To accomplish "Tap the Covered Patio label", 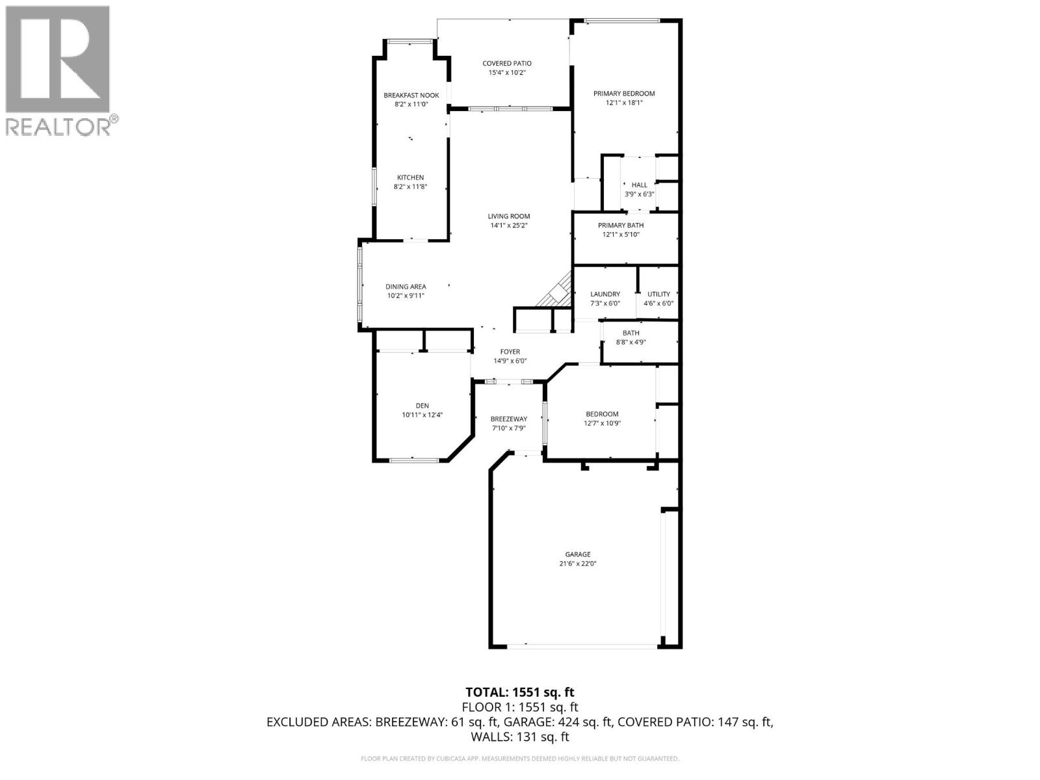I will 507,63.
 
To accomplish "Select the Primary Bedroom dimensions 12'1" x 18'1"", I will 624,103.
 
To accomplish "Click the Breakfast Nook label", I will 411,95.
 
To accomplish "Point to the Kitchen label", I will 411,177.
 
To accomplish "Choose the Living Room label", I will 509,216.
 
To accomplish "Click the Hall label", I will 639,185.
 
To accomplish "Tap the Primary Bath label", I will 621,226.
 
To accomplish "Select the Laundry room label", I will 604,294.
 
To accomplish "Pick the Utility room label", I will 658,294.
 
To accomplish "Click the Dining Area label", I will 406,287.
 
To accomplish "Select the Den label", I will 422,406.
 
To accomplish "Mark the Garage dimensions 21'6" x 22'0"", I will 577,564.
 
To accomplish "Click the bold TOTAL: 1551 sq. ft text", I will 520,692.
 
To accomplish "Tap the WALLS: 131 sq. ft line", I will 520,737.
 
